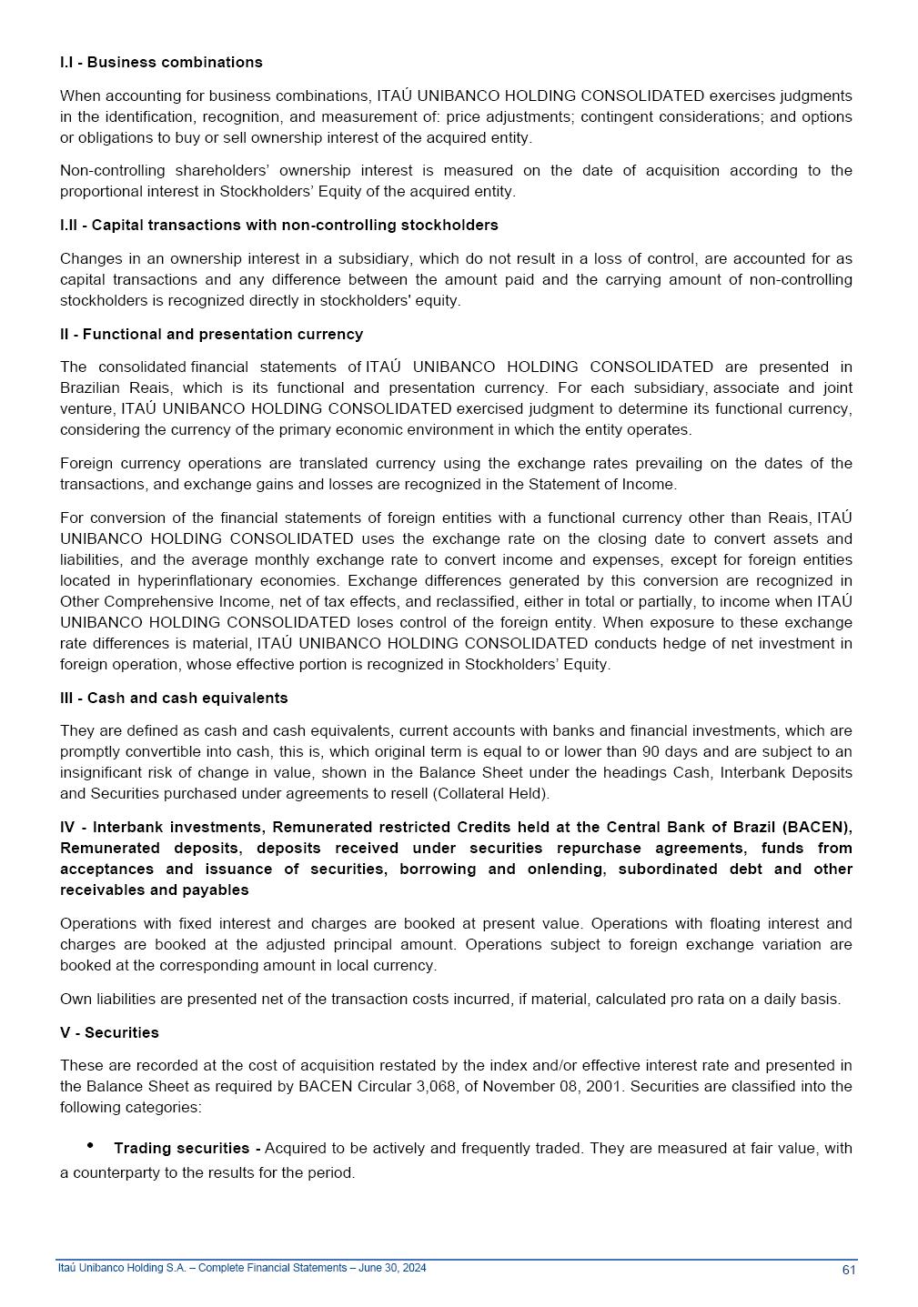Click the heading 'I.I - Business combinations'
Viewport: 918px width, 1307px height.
tap(161, 62)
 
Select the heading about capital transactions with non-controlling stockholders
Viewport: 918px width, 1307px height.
tap(279, 225)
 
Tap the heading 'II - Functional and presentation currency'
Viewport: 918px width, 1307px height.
tap(211, 334)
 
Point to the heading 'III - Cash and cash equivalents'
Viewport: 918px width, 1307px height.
tap(174, 698)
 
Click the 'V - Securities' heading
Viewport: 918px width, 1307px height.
tap(109, 1032)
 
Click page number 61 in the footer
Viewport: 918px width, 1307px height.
tap(848, 1270)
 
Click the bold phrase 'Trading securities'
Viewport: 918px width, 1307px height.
tap(181, 1148)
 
